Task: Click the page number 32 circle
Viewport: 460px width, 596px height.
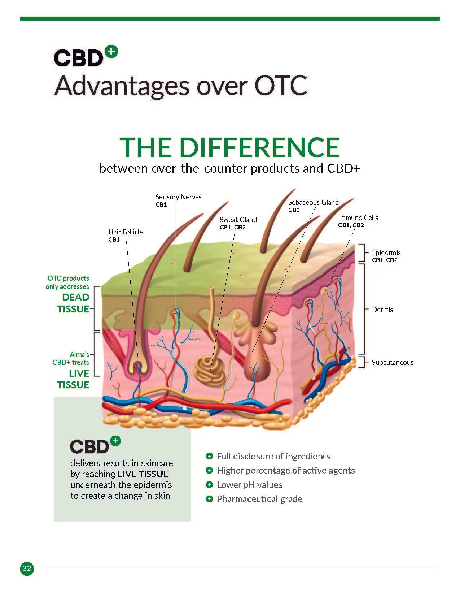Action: pos(27,569)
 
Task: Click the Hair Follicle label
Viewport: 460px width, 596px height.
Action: pos(125,232)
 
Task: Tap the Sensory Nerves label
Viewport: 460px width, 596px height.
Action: pos(178,197)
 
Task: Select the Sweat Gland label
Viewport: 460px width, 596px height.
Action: pos(238,220)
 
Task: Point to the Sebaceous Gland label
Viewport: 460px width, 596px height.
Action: pos(313,202)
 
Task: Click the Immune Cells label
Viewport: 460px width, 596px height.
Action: pos(358,217)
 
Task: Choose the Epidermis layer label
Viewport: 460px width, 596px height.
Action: pos(386,252)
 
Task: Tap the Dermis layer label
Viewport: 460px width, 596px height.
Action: pos(382,310)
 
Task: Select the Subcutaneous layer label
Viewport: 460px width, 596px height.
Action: pos(393,362)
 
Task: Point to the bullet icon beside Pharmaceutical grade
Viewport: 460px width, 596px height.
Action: pos(209,499)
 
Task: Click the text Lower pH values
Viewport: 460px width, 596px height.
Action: pos(249,485)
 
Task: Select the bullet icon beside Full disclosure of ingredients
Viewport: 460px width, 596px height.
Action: pos(209,456)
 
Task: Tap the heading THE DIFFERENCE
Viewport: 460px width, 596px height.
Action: pos(229,147)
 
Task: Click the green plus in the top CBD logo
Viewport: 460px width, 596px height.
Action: pos(112,52)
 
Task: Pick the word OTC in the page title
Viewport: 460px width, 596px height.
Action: pos(281,86)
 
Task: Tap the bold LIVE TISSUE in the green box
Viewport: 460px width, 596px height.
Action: pos(143,474)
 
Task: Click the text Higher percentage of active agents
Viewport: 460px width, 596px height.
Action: pos(285,470)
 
